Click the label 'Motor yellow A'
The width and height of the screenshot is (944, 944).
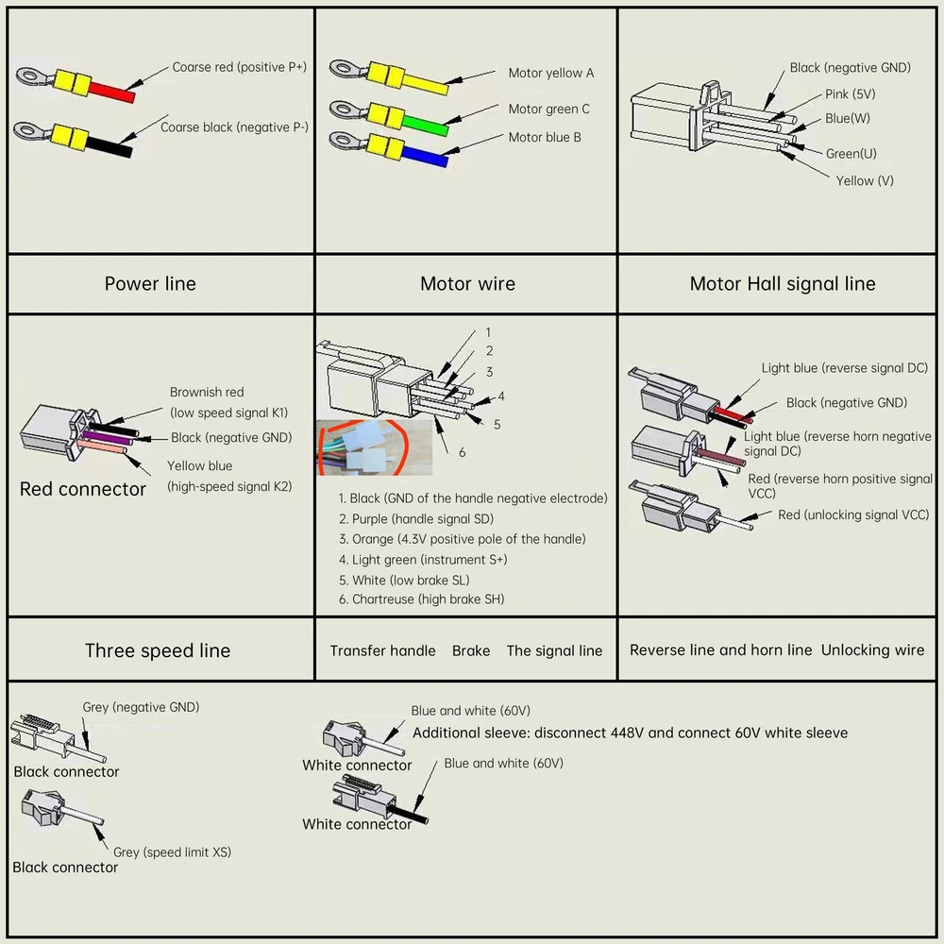coord(550,73)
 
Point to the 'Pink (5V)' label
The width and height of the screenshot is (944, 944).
coord(850,94)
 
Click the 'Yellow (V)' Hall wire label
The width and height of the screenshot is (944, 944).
coord(864,180)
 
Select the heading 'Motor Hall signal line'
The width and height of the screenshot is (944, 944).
coord(782,283)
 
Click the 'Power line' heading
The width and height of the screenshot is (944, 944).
coord(150,283)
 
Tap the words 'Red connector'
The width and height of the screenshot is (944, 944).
coord(82,489)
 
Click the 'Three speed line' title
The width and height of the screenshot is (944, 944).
coord(157,650)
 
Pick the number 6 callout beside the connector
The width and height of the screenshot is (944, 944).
coord(462,452)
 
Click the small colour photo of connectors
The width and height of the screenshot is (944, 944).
coord(374,447)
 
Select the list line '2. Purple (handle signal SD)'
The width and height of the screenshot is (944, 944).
coord(415,518)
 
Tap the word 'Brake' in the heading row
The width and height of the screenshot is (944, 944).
coord(470,650)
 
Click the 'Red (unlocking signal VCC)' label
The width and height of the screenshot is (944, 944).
coord(852,514)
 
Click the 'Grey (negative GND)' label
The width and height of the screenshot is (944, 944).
coord(141,707)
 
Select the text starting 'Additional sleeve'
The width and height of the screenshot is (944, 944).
coord(630,733)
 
